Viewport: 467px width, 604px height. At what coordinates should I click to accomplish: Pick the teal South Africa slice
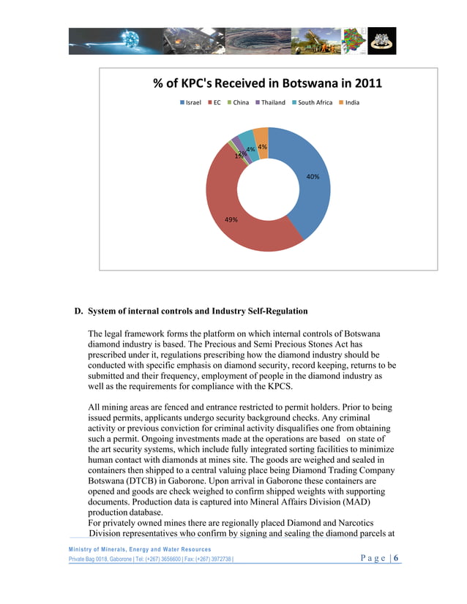(x=247, y=140)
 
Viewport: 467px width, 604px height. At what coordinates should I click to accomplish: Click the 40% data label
(x=313, y=177)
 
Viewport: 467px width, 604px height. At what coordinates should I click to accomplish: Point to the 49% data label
(x=231, y=219)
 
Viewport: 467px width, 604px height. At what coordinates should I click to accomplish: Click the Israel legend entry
(x=191, y=102)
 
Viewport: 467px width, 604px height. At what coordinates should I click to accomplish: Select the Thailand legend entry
(x=270, y=102)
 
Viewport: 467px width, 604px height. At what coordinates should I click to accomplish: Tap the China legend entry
(x=239, y=102)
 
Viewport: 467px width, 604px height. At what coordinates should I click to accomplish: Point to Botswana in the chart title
(x=310, y=83)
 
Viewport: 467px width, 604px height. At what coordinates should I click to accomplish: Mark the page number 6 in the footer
(x=396, y=559)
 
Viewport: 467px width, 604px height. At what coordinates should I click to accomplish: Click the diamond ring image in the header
(x=381, y=40)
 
